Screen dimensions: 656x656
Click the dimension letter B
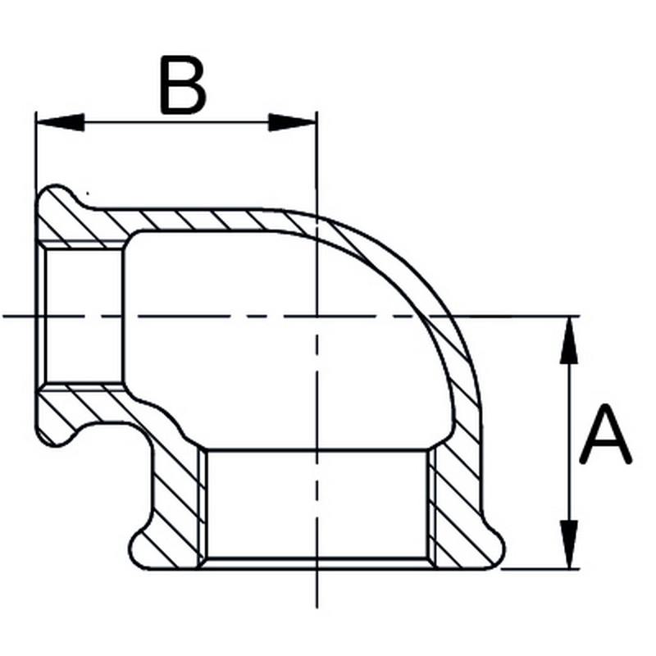pyautogui.click(x=182, y=85)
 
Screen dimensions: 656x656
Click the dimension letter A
pyautogui.click(x=605, y=434)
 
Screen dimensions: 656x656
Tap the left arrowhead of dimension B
pyautogui.click(x=61, y=122)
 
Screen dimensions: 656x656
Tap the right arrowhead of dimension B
pyautogui.click(x=292, y=122)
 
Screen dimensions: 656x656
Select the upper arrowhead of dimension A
pyautogui.click(x=568, y=340)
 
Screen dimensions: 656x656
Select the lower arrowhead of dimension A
pyautogui.click(x=568, y=544)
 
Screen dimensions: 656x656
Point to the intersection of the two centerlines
pyautogui.click(x=317, y=316)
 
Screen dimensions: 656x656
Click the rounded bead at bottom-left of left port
pyautogui.click(x=57, y=433)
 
